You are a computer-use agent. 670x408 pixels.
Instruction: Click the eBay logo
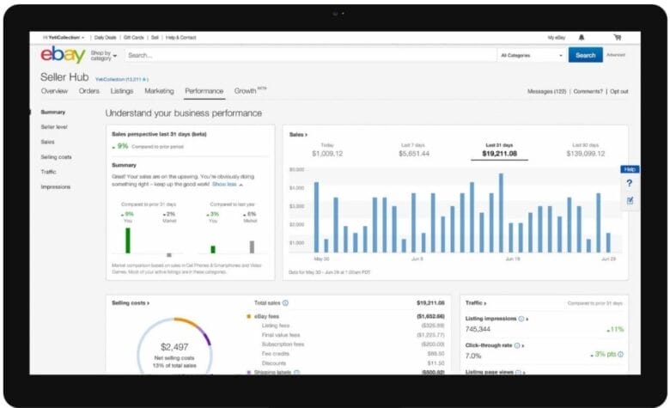click(63, 55)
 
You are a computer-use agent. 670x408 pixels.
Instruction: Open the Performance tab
click(204, 90)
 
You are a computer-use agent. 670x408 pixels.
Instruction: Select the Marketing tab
click(159, 90)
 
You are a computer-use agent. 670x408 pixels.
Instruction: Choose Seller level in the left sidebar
click(54, 126)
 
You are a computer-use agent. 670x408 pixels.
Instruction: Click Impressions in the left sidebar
click(56, 186)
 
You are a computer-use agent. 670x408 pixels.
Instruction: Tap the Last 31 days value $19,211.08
click(499, 153)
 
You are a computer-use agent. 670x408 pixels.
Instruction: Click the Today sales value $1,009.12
click(326, 153)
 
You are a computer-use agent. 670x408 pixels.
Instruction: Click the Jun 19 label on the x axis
click(513, 258)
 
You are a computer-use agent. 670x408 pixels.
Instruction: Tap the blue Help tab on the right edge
click(630, 169)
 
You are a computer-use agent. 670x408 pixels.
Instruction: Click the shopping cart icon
click(617, 37)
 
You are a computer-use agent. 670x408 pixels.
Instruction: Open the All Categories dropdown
click(531, 55)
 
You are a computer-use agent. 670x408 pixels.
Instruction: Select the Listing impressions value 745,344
click(478, 329)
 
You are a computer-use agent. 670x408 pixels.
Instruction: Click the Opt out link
click(618, 91)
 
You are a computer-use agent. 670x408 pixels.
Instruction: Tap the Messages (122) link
click(546, 91)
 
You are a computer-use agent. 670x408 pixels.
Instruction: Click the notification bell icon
click(582, 37)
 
